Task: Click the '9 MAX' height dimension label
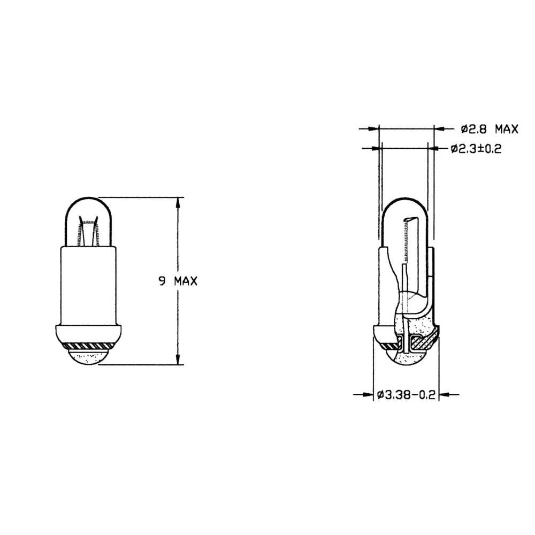point(177,281)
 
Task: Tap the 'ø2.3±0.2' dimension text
point(475,149)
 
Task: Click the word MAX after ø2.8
point(506,128)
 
